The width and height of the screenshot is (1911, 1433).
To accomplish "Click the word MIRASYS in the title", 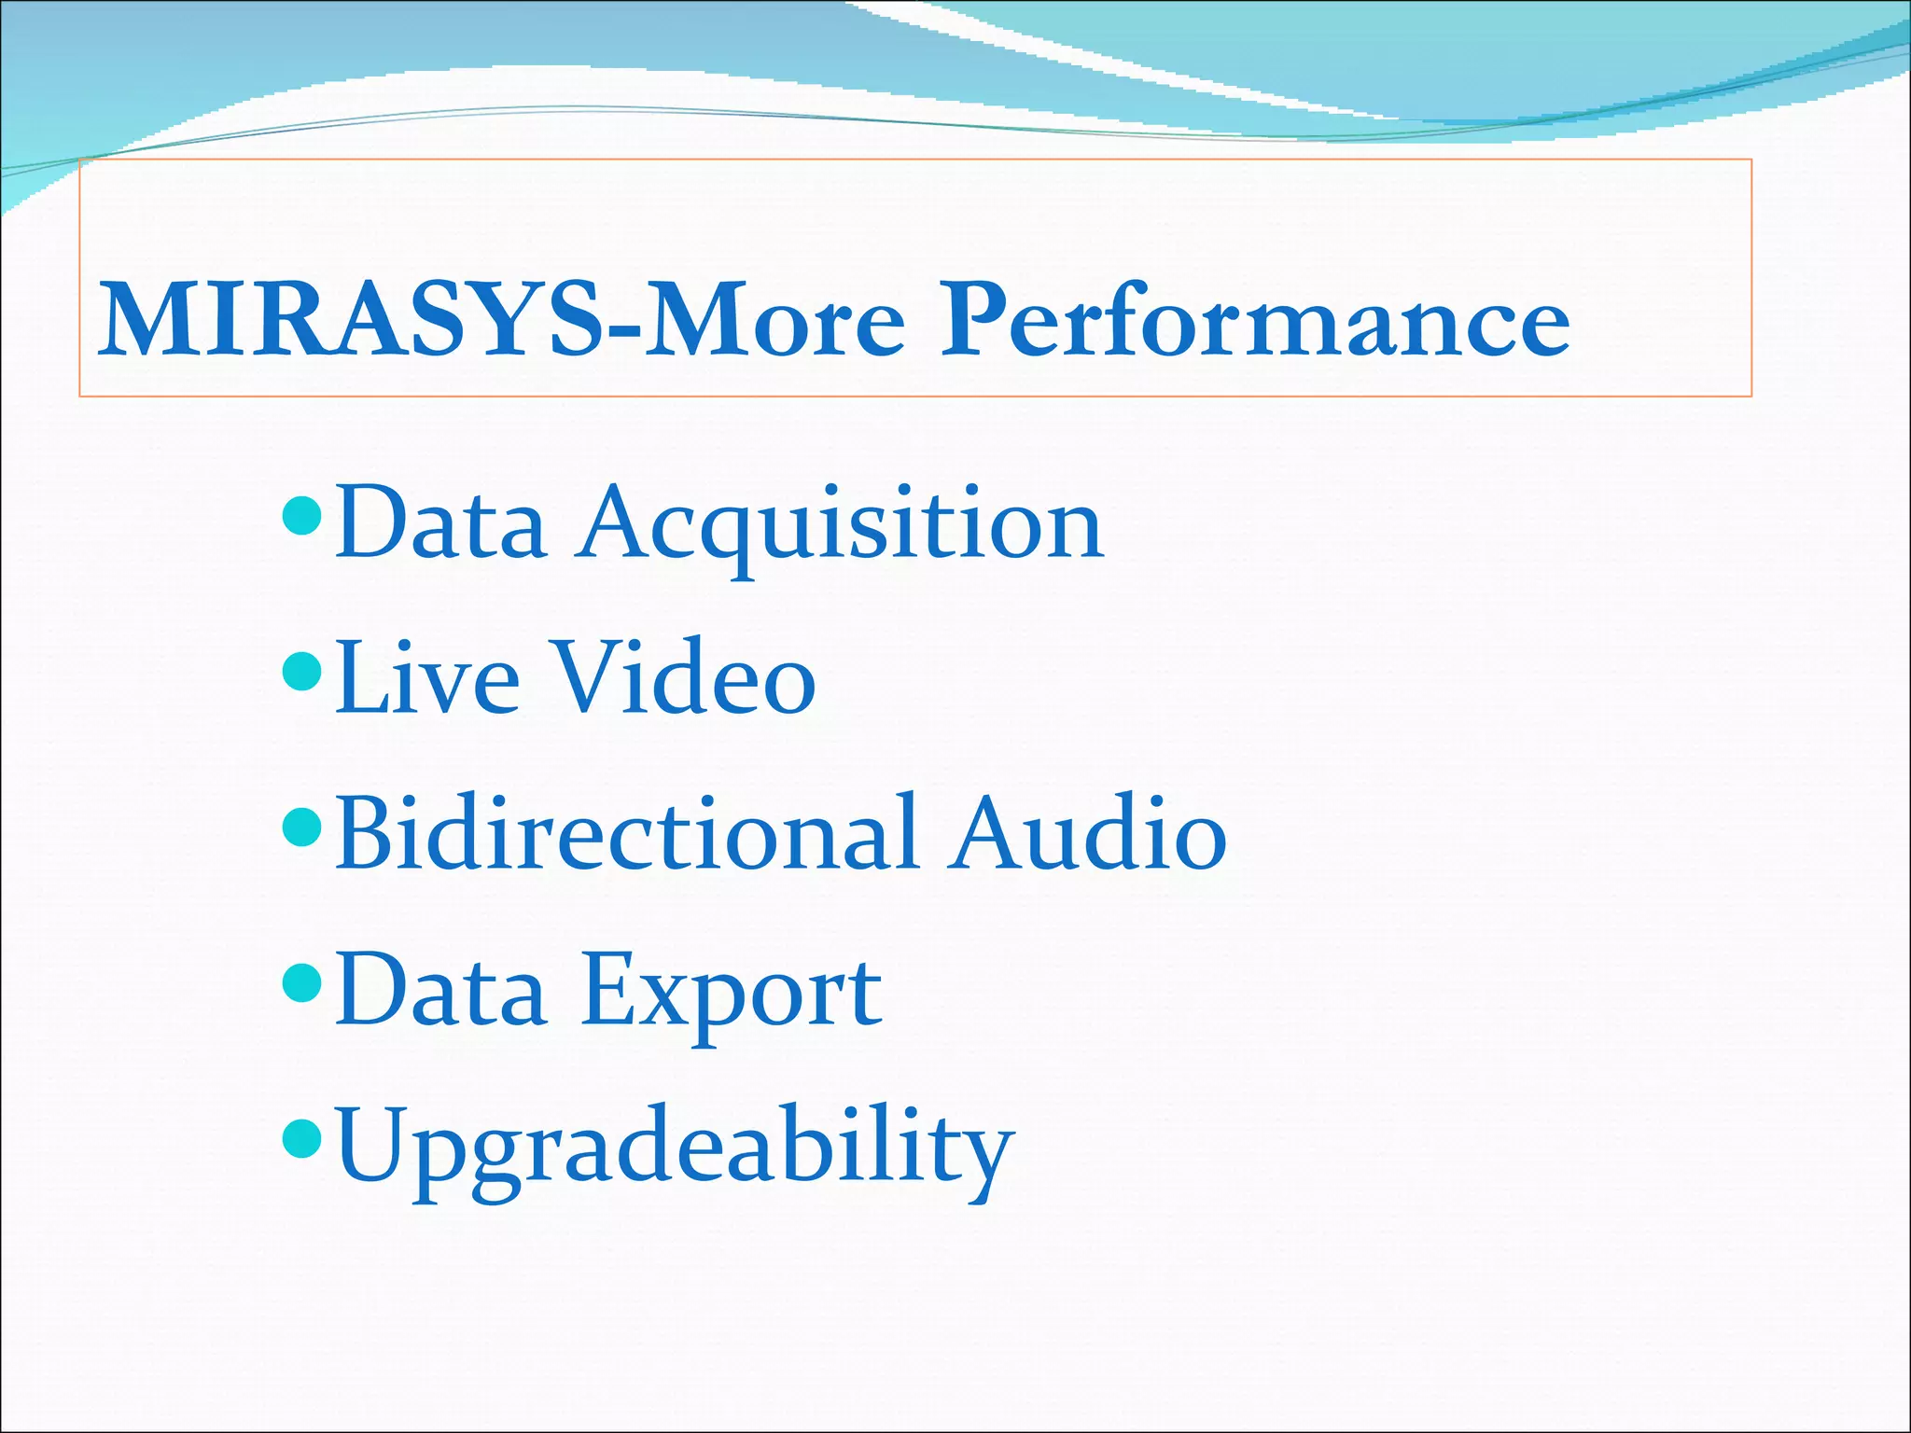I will click(350, 321).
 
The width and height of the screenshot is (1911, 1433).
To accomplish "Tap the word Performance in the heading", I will click(1254, 321).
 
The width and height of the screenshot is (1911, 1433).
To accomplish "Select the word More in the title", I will click(774, 321).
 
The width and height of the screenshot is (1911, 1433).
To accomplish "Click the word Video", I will click(685, 679).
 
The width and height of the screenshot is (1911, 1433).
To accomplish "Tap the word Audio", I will click(1087, 834).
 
